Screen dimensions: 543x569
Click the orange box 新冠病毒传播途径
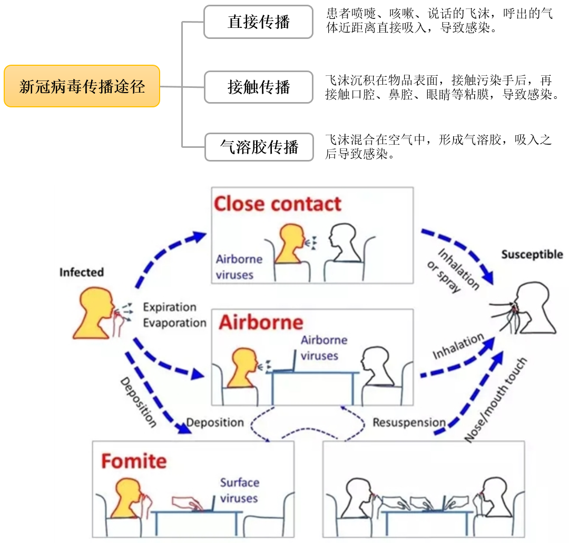tap(82, 86)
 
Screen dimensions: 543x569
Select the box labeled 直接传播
tap(258, 22)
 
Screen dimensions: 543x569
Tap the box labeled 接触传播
tap(258, 87)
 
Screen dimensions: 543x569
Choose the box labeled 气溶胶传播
tap(258, 147)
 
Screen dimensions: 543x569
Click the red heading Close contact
tap(278, 204)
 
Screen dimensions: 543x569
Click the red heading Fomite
tap(134, 461)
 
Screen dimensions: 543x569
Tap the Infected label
tap(81, 273)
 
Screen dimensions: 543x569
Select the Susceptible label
tap(532, 255)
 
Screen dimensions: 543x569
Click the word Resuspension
tap(409, 423)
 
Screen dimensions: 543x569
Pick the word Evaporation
tap(174, 323)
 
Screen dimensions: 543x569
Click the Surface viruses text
tap(239, 490)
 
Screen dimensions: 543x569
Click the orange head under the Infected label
tap(95, 314)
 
